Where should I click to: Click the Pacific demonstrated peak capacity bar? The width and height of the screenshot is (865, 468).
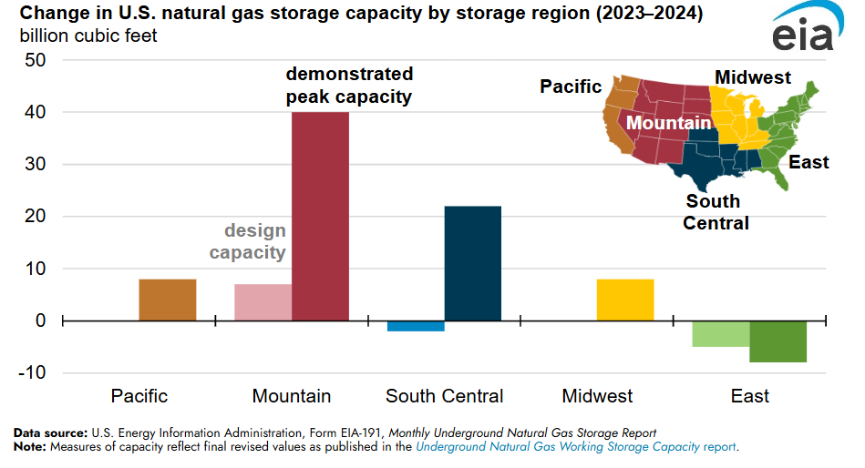pos(168,300)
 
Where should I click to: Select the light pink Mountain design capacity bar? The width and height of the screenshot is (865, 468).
pos(263,302)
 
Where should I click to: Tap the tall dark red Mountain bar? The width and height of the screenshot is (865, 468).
pos(320,216)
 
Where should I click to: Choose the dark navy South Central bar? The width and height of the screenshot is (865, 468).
pos(472,263)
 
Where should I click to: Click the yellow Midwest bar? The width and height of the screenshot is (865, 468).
pos(625,300)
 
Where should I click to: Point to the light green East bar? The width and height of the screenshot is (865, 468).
pos(720,333)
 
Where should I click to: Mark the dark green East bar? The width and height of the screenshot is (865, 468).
pos(777,341)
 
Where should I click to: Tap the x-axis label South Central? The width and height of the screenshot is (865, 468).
pos(444,396)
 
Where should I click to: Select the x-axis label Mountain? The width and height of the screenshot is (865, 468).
pos(292,396)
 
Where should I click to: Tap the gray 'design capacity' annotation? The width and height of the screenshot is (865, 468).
pos(248,241)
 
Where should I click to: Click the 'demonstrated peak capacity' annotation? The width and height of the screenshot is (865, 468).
pos(349,85)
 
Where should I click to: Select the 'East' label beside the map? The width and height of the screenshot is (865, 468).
pos(808,163)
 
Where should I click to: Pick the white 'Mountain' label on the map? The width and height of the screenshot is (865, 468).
pos(668,123)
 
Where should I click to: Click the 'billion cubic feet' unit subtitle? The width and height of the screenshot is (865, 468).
pos(88,36)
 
